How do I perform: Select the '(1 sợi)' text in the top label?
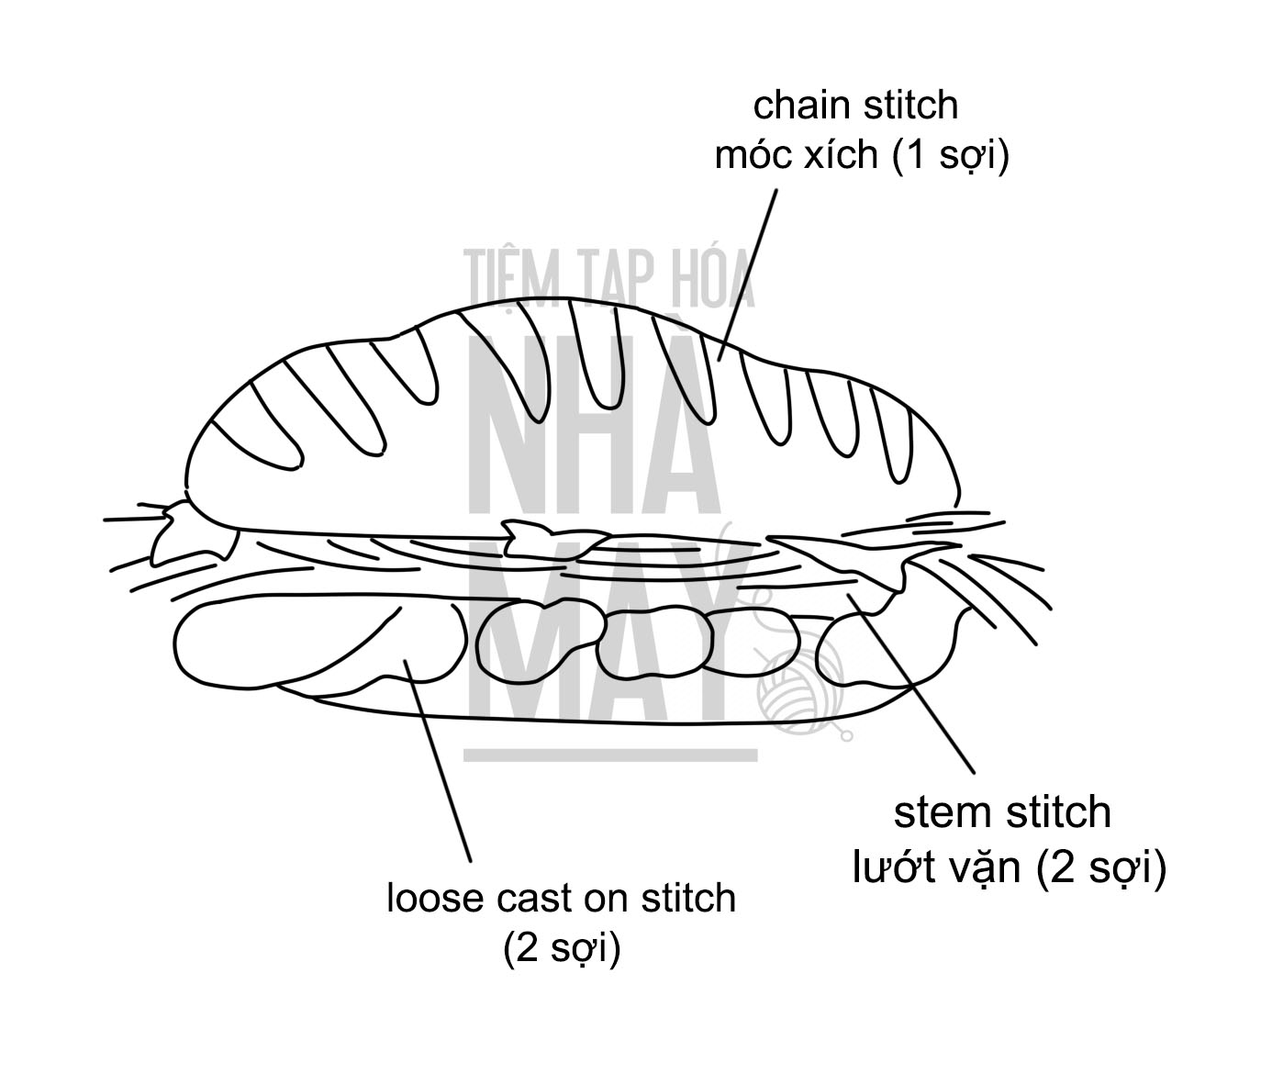coord(951,156)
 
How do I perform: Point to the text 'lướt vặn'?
coord(936,867)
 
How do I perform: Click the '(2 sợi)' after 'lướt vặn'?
coord(1100,867)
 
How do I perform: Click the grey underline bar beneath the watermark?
coord(610,755)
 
